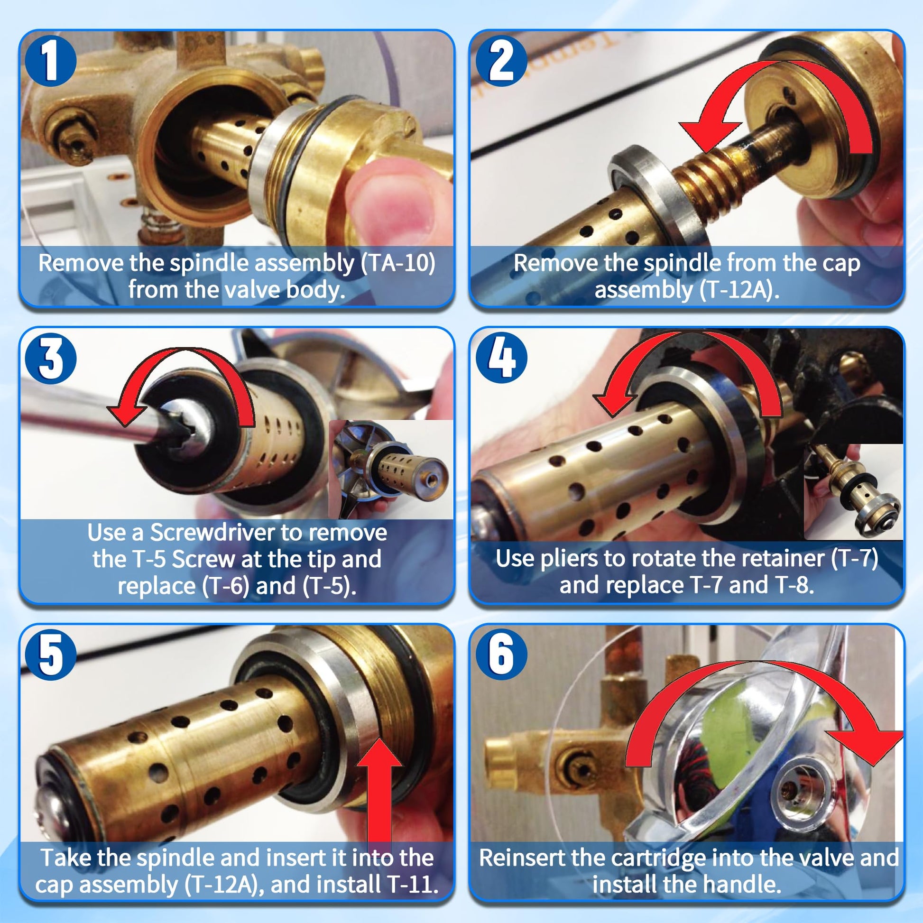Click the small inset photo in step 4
pyautogui.click(x=853, y=491)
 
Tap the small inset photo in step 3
pyautogui.click(x=391, y=469)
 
